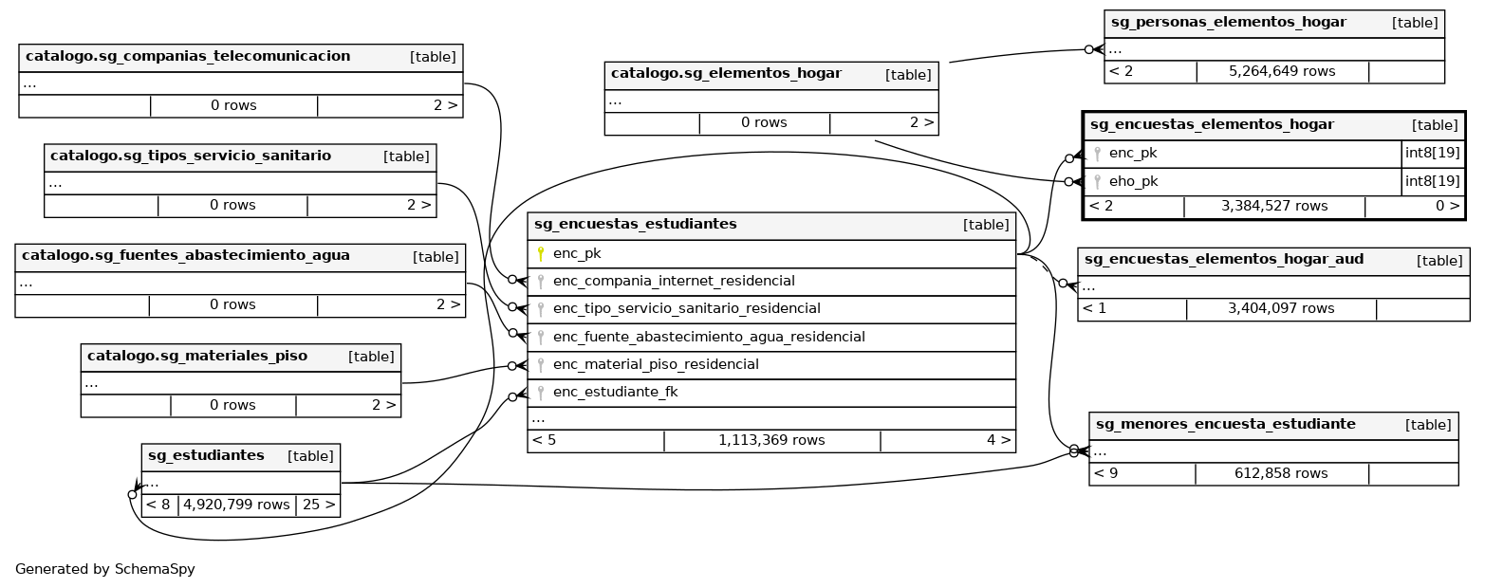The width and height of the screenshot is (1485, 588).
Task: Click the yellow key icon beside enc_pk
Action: [x=541, y=254]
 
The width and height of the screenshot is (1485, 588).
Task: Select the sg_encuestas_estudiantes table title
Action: [x=635, y=225]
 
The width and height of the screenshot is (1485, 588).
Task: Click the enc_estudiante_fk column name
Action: [x=615, y=393]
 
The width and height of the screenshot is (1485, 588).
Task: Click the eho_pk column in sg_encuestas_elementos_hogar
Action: [x=1133, y=182]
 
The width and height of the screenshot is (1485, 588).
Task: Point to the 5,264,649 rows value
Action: [x=1281, y=71]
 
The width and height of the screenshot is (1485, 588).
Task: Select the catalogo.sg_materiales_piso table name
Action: [x=196, y=357]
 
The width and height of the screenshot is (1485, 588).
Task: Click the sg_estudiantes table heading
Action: [x=204, y=456]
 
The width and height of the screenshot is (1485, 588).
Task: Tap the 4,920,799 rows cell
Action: [x=236, y=505]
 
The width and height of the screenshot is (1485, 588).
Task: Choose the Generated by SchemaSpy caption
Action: [x=104, y=570]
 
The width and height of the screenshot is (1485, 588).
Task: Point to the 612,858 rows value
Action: [x=1280, y=473]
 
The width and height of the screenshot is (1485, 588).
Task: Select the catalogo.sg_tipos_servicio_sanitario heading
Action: [x=190, y=156]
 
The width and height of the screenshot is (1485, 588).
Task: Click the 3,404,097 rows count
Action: [x=1280, y=309]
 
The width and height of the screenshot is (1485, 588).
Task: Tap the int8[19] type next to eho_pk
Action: [x=1432, y=182]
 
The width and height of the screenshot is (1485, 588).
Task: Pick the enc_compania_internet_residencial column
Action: [x=674, y=282]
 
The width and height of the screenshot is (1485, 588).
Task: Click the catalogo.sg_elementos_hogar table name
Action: [x=725, y=74]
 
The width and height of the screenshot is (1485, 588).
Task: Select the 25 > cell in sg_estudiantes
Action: [x=318, y=505]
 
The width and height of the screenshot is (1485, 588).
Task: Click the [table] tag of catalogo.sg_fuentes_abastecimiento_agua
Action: [x=436, y=257]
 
